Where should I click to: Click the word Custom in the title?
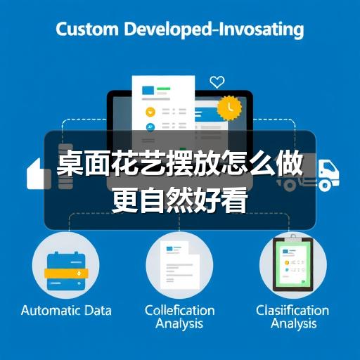(87, 29)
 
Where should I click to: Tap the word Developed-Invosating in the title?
(214, 30)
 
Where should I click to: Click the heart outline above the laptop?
(217, 82)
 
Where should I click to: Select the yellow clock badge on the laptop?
(229, 108)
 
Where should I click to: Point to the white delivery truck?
(311, 174)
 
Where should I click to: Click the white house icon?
(39, 174)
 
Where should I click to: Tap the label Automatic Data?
(66, 311)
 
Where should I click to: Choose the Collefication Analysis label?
(179, 317)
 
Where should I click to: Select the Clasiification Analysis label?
(292, 317)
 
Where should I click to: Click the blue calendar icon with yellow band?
(66, 271)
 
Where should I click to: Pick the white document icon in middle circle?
(179, 265)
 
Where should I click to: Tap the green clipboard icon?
(293, 264)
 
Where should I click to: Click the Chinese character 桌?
(70, 162)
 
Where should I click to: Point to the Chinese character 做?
(289, 162)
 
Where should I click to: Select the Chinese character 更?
(125, 200)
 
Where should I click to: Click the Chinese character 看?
(234, 200)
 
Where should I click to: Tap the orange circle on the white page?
(150, 112)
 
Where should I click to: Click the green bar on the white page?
(164, 89)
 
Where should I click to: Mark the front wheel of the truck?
(326, 186)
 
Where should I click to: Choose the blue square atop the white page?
(148, 90)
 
